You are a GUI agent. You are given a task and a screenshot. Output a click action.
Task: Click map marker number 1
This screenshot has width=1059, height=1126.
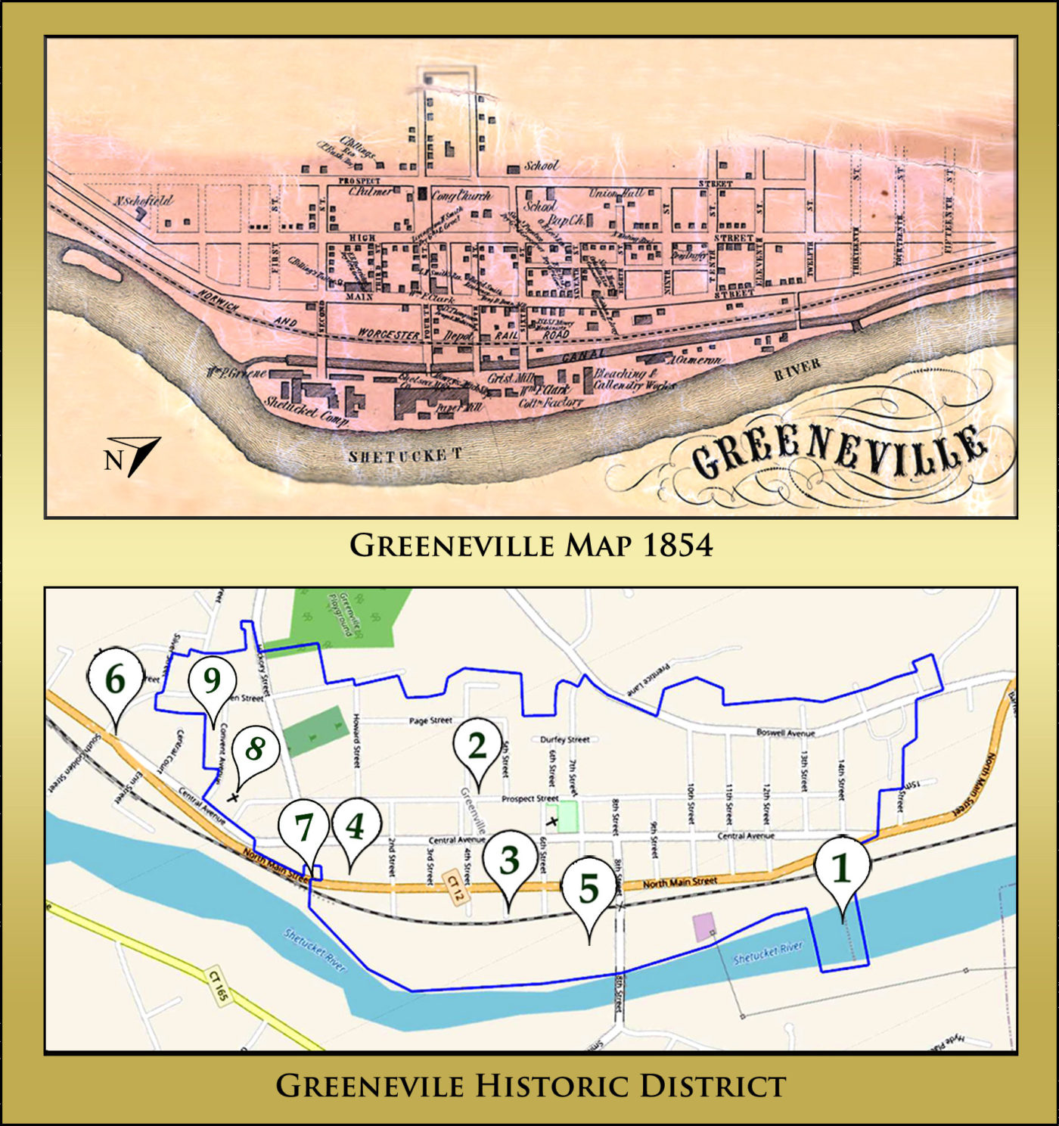coord(841,869)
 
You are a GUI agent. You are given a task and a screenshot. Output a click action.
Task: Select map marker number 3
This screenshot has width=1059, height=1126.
coord(510,861)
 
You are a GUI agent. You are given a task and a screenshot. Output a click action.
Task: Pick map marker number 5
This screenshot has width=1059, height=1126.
coord(589,889)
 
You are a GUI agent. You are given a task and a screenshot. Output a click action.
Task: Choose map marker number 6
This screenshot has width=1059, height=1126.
coord(115,680)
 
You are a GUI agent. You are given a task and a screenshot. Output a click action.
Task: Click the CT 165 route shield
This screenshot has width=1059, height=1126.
coord(217,985)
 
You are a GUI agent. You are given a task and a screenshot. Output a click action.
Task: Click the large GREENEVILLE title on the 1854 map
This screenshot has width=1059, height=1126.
coord(840,452)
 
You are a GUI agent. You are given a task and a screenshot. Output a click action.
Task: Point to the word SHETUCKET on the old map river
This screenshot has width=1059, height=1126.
coord(405,456)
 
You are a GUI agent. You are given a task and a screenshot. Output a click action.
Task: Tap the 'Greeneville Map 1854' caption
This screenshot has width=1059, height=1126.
coord(530,546)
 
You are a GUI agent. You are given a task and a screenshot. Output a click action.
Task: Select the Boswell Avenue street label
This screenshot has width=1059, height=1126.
coord(785,733)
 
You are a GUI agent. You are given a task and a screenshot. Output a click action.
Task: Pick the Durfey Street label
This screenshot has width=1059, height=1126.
coord(565,739)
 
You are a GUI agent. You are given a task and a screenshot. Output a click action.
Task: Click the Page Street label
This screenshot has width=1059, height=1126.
coord(430,720)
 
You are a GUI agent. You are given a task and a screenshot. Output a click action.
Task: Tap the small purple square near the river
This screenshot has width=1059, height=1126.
coord(703,928)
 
